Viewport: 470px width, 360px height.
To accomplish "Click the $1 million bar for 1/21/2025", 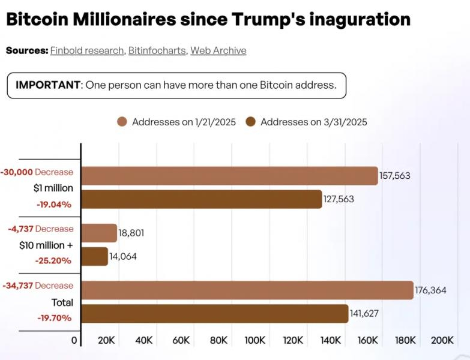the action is tap(230, 176).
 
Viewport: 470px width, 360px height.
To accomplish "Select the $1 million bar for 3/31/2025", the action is tap(202, 199).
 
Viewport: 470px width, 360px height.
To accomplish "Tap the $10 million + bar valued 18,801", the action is tap(99, 233).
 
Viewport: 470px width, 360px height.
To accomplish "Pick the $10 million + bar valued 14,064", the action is tap(95, 256).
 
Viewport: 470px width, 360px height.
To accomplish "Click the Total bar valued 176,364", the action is tap(247, 290).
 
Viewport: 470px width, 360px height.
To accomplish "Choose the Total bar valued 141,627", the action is tap(215, 314).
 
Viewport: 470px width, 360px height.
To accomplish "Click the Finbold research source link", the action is tap(87, 50).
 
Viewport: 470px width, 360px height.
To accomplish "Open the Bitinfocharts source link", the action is tap(157, 50).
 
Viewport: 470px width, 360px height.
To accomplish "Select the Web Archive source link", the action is tap(218, 50).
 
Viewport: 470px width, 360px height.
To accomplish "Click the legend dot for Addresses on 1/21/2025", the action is tap(122, 122).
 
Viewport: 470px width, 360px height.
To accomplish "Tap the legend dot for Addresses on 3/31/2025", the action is tap(250, 122).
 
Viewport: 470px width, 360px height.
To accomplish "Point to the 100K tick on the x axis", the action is tap(255, 340).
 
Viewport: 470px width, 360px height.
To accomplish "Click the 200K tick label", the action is tap(442, 340).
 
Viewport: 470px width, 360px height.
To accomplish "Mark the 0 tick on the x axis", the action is tap(74, 340).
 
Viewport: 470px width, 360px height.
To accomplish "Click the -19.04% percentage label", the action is tap(54, 205).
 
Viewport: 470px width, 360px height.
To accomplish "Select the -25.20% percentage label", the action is tap(53, 260).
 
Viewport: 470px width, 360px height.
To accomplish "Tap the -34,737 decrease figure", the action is tap(17, 286).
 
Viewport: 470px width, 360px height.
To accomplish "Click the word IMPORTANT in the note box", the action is tap(48, 85).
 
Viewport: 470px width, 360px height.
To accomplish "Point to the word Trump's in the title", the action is tap(268, 19).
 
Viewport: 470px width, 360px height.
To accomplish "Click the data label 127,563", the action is tap(339, 199).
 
